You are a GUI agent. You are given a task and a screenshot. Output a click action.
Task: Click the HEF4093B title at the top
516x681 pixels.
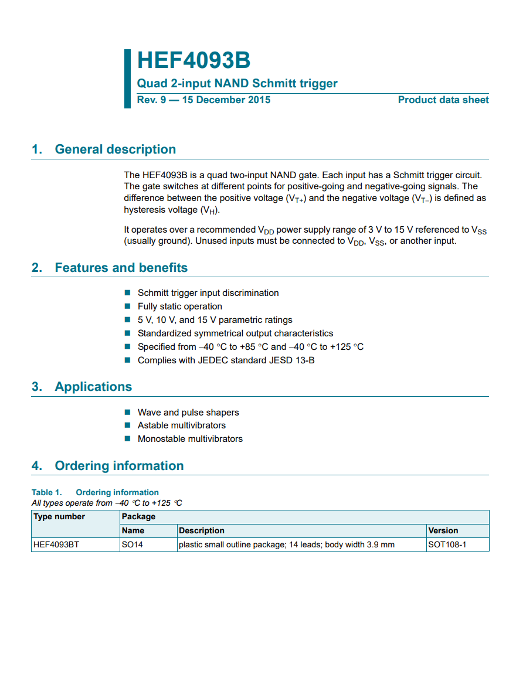point(193,60)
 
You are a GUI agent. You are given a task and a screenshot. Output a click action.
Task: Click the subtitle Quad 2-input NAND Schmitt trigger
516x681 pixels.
point(237,83)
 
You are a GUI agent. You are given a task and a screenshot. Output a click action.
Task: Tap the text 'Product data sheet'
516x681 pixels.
point(443,100)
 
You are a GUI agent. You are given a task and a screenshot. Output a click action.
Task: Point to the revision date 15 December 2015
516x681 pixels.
point(226,100)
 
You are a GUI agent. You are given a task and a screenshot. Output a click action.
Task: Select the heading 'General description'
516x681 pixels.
point(115,149)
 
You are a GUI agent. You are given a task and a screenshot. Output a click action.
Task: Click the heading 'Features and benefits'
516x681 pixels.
point(121,268)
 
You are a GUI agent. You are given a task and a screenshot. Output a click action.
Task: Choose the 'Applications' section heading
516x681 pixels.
point(93,387)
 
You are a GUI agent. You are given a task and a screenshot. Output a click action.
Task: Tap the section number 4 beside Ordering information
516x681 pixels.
point(36,466)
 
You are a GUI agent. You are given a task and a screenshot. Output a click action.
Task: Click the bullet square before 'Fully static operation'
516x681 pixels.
point(127,306)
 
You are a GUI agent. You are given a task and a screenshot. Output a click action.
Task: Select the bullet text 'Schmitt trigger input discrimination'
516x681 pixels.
point(208,293)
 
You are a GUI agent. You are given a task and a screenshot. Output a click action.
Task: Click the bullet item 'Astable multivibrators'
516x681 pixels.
point(181,425)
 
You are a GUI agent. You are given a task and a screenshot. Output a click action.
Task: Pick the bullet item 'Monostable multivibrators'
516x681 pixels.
point(190,439)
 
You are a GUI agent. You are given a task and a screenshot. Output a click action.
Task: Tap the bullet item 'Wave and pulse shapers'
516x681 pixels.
point(188,413)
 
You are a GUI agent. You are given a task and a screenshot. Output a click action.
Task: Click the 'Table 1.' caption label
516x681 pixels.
point(46,492)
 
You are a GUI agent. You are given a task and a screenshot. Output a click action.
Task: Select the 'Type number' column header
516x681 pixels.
point(59,516)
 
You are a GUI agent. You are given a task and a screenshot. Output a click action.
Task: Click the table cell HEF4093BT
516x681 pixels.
point(57,544)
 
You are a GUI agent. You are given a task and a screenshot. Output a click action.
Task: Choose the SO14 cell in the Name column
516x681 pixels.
point(133,544)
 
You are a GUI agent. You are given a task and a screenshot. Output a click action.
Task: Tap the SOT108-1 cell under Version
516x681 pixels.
point(447,544)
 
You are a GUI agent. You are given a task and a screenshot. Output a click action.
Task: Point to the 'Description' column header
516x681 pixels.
point(202,530)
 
